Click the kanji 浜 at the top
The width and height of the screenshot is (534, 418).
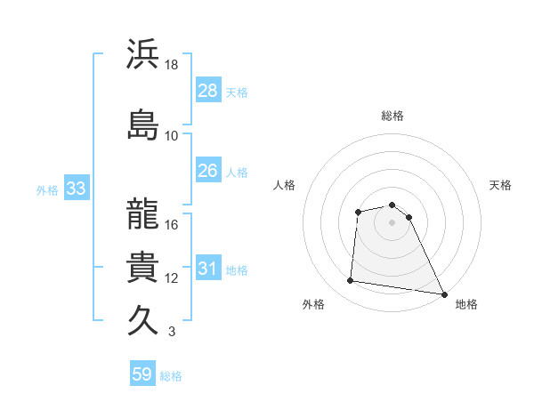pos(143,55)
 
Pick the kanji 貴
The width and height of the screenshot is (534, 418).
pos(143,267)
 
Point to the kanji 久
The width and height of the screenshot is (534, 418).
pos(143,320)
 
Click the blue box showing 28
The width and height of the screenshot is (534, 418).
pos(207,91)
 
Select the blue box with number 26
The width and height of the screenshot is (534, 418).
pos(207,171)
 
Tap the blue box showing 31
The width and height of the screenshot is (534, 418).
pos(207,269)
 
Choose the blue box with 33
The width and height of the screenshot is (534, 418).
pos(75,189)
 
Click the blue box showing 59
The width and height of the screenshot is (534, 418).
pos(142,374)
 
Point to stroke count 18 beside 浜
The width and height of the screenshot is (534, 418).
pos(172,65)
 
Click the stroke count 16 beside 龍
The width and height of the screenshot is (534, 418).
pos(172,225)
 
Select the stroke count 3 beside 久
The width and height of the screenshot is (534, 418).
pos(171,332)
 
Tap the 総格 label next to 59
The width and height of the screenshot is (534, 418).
pos(171,376)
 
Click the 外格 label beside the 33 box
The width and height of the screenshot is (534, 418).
pos(47,190)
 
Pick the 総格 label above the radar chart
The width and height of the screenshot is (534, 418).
pos(392,116)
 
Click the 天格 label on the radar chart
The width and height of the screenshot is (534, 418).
pos(500,185)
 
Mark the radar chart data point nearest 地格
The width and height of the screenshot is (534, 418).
pos(444,294)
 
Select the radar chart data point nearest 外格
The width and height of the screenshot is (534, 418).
pos(351,281)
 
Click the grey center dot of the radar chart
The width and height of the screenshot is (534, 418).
pos(392,222)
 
